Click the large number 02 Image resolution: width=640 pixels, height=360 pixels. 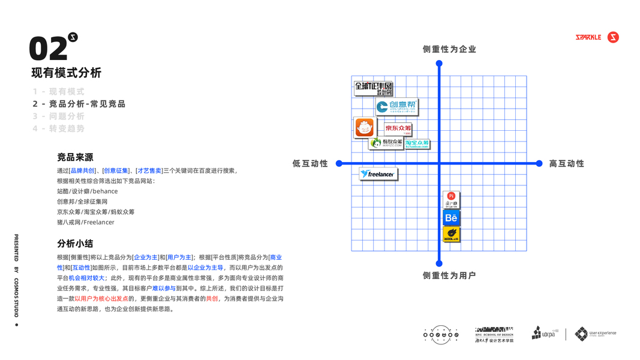coord(48,49)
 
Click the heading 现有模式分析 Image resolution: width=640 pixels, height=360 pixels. coord(67,73)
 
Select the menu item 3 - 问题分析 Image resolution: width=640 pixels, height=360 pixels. coord(59,116)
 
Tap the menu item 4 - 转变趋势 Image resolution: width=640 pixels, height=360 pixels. coord(59,129)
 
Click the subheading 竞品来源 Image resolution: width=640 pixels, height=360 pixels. coord(75,157)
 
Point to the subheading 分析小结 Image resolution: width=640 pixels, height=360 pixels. coord(75,244)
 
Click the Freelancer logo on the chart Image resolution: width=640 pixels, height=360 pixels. coord(378,174)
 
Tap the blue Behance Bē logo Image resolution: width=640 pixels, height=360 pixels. coord(451,218)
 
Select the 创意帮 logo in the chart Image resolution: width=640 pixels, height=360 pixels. coord(396,107)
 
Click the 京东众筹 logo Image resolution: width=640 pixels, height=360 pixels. coord(398,128)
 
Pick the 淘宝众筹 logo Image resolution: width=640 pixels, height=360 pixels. coord(417,143)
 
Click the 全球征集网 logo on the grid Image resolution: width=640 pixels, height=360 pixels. coord(373,88)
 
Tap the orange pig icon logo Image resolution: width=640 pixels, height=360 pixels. coord(364,127)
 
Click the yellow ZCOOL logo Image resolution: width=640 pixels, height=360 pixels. coord(451,234)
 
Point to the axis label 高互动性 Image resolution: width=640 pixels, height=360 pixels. coord(566,163)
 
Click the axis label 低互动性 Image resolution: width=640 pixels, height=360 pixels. coord(310,163)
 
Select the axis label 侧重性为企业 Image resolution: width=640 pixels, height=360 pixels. coord(449,49)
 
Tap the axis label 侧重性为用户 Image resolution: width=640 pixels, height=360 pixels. coord(449,275)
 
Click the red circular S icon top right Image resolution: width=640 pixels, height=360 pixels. coord(613,37)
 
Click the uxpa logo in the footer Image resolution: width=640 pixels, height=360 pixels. coord(545,334)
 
